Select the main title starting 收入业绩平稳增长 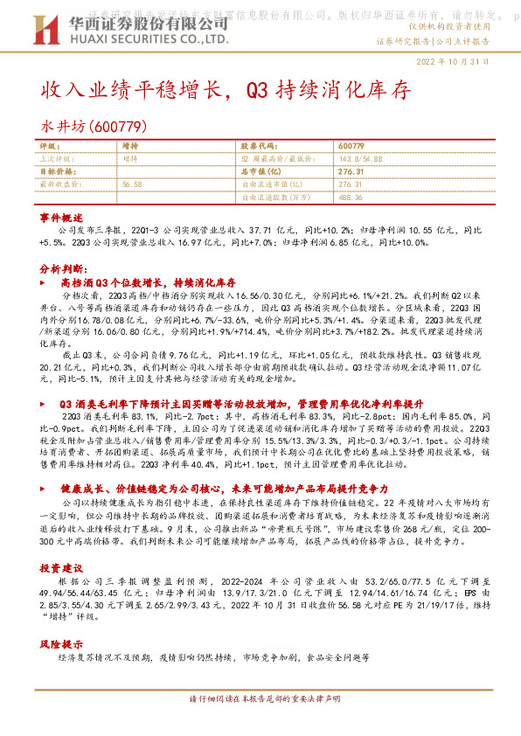tap(225, 90)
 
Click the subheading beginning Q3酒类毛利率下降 tap(242, 404)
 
